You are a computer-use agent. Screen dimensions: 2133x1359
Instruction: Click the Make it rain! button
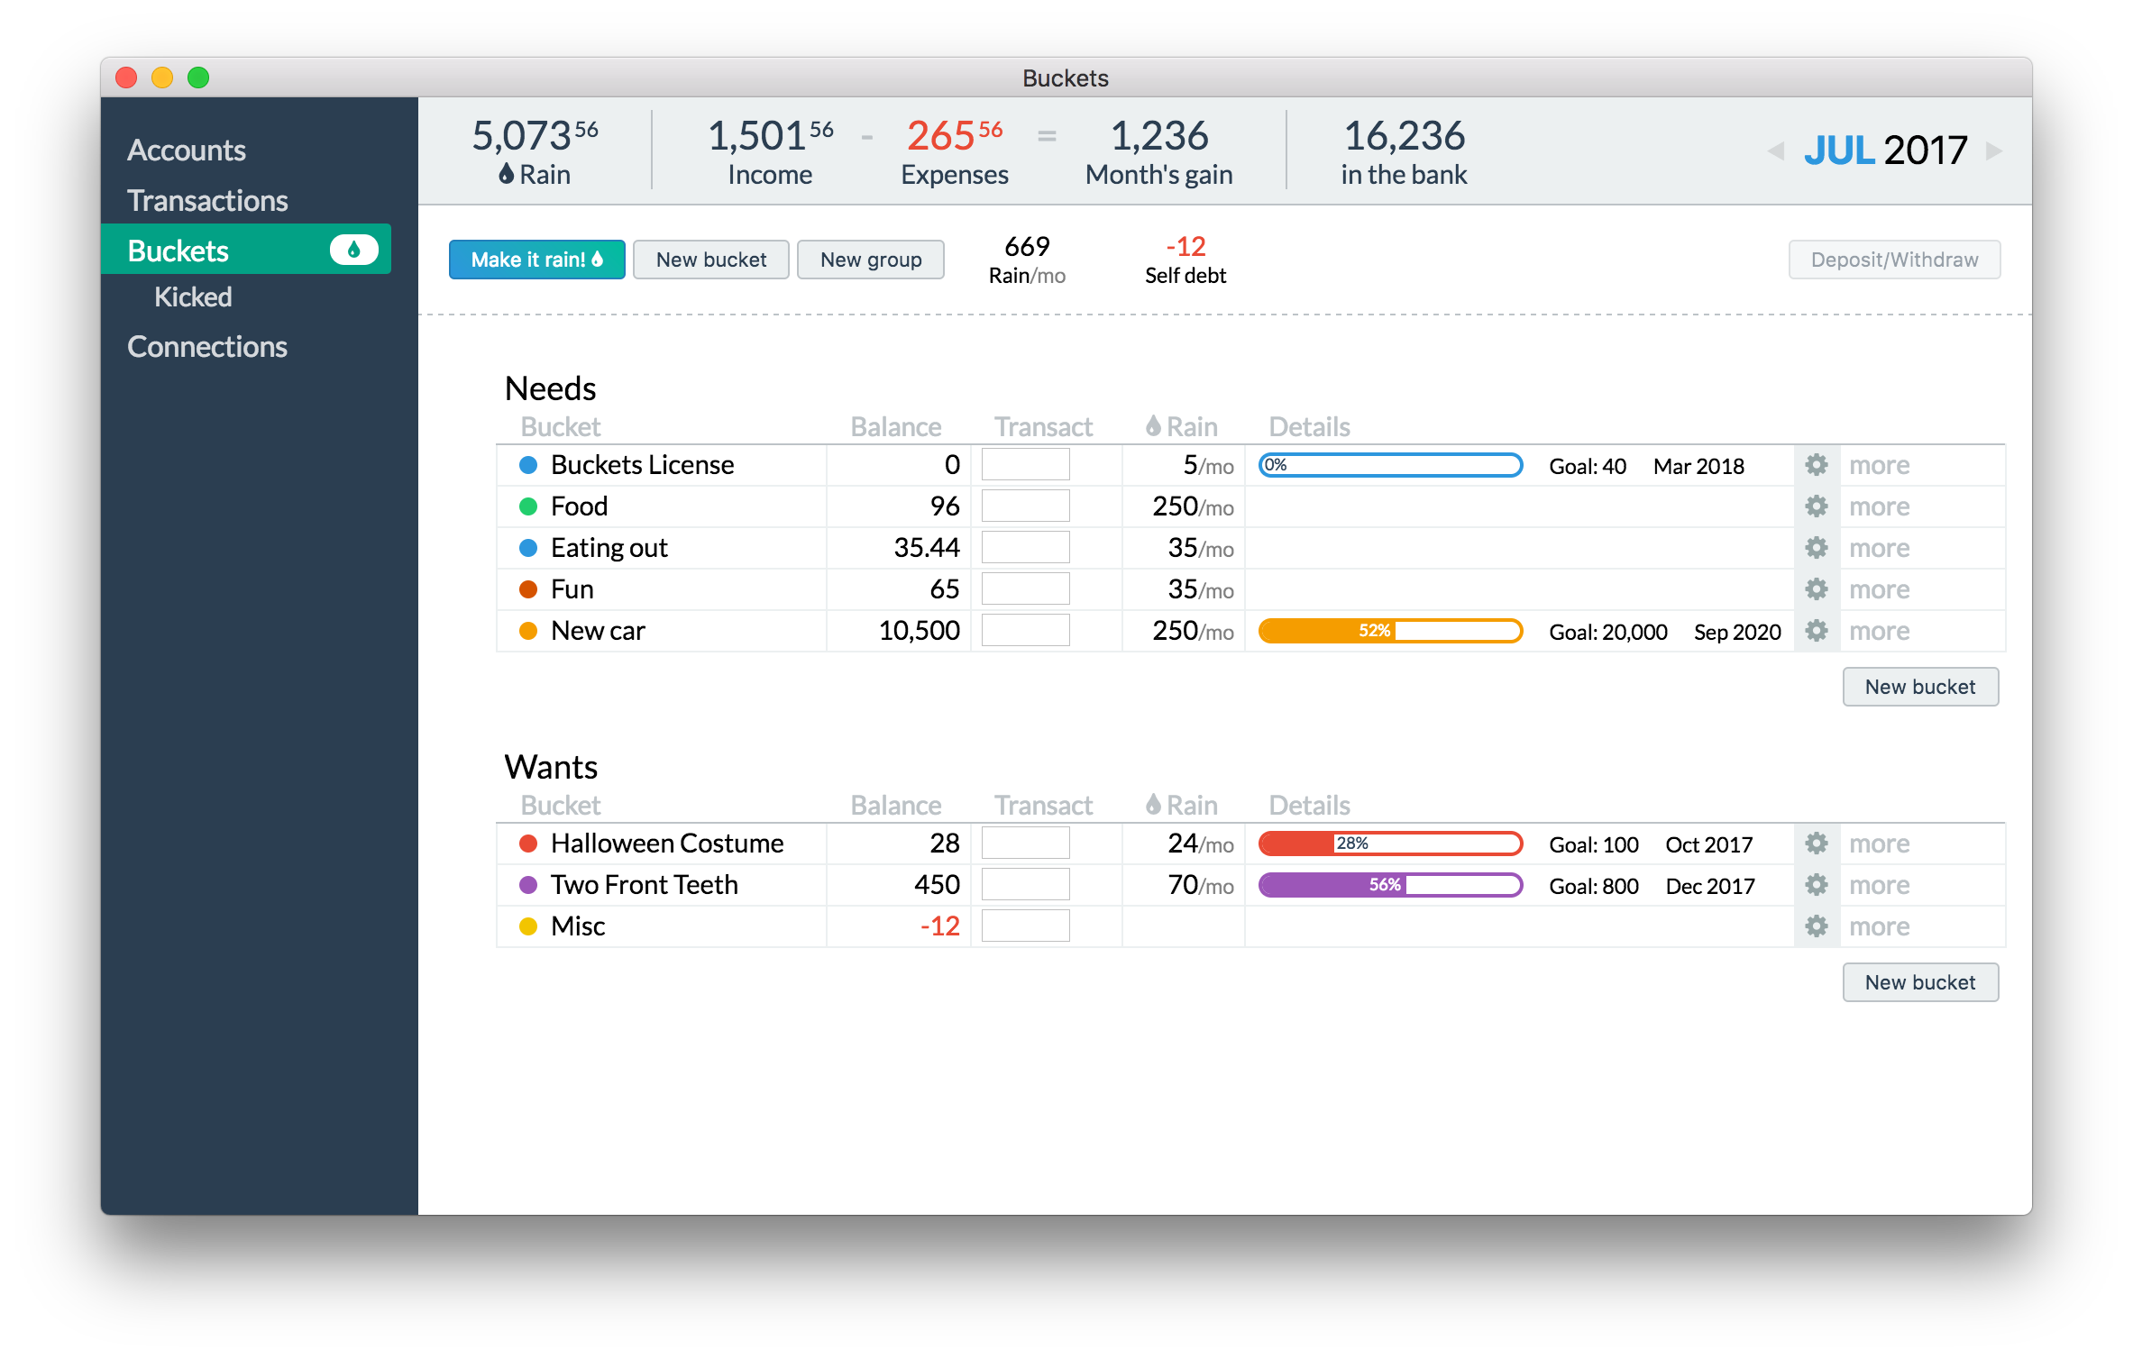point(536,260)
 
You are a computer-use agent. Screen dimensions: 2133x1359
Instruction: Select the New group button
point(871,260)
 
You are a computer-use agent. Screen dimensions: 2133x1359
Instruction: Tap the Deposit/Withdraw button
point(1894,260)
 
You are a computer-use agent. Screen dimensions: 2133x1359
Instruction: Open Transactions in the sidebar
point(207,200)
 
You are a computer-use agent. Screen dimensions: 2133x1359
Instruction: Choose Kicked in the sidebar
point(193,296)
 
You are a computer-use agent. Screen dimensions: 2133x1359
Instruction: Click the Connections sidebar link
point(207,347)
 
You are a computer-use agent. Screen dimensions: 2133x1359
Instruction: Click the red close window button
point(126,78)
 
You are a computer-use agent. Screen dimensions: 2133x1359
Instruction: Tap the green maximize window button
point(198,78)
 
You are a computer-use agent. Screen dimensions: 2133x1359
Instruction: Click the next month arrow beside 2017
point(1994,150)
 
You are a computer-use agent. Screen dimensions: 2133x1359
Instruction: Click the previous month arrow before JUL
point(1776,150)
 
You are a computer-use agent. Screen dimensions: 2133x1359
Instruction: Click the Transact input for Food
point(1025,506)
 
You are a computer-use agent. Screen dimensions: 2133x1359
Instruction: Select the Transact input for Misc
point(1025,926)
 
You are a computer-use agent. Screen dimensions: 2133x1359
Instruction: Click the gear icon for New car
point(1817,630)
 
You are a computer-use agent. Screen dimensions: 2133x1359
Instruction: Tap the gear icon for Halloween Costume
point(1817,843)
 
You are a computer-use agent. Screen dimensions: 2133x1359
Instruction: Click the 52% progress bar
point(1390,631)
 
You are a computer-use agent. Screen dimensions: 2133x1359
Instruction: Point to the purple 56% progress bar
point(1390,885)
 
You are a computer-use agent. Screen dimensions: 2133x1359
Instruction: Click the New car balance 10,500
point(919,630)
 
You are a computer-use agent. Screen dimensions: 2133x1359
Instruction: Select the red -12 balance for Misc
point(939,926)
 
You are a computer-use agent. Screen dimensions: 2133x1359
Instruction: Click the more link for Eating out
point(1880,548)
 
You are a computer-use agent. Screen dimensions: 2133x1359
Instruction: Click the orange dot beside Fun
point(528,589)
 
